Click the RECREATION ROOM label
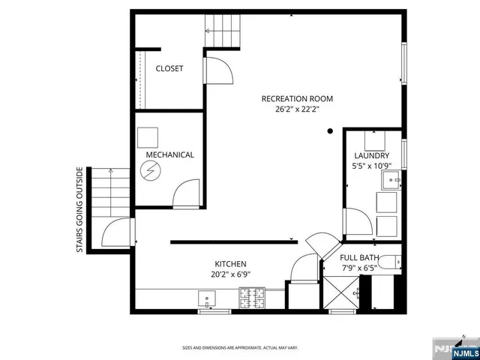[297, 99]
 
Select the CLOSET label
[169, 69]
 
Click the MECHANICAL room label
[169, 155]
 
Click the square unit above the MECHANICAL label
[148, 137]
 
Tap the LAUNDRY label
[372, 156]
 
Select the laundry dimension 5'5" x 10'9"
[372, 166]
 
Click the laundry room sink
[391, 181]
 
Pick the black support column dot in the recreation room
[330, 132]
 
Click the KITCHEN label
[231, 264]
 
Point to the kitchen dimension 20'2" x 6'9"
[231, 274]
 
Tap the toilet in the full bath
[388, 263]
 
